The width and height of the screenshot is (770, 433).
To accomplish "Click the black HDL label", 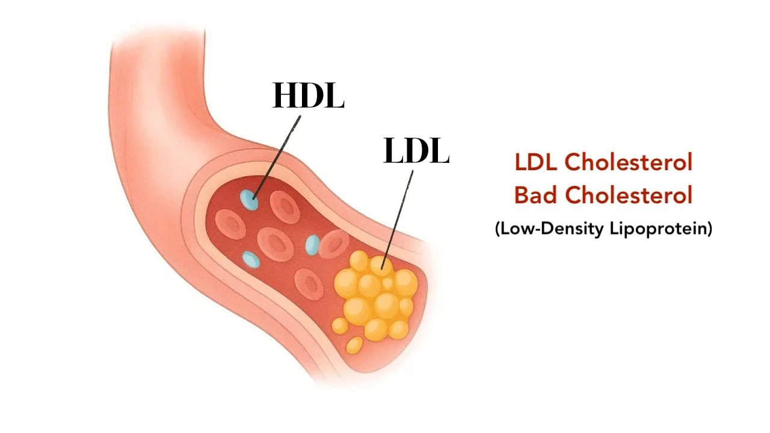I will click(x=308, y=96).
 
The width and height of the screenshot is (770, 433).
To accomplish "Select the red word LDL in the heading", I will click(x=537, y=162).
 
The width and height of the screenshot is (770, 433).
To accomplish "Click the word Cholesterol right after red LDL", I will click(x=629, y=162).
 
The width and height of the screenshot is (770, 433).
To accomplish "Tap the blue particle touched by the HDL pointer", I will click(x=249, y=200).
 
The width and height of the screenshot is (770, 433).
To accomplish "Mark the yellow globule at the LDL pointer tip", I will click(x=380, y=264).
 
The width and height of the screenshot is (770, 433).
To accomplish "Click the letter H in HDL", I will click(x=286, y=96).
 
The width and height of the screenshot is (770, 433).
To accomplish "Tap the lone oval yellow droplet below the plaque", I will click(x=354, y=345).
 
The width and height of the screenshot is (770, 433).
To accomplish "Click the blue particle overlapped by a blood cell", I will click(x=312, y=244).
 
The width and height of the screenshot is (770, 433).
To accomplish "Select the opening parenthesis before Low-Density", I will click(x=498, y=229).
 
